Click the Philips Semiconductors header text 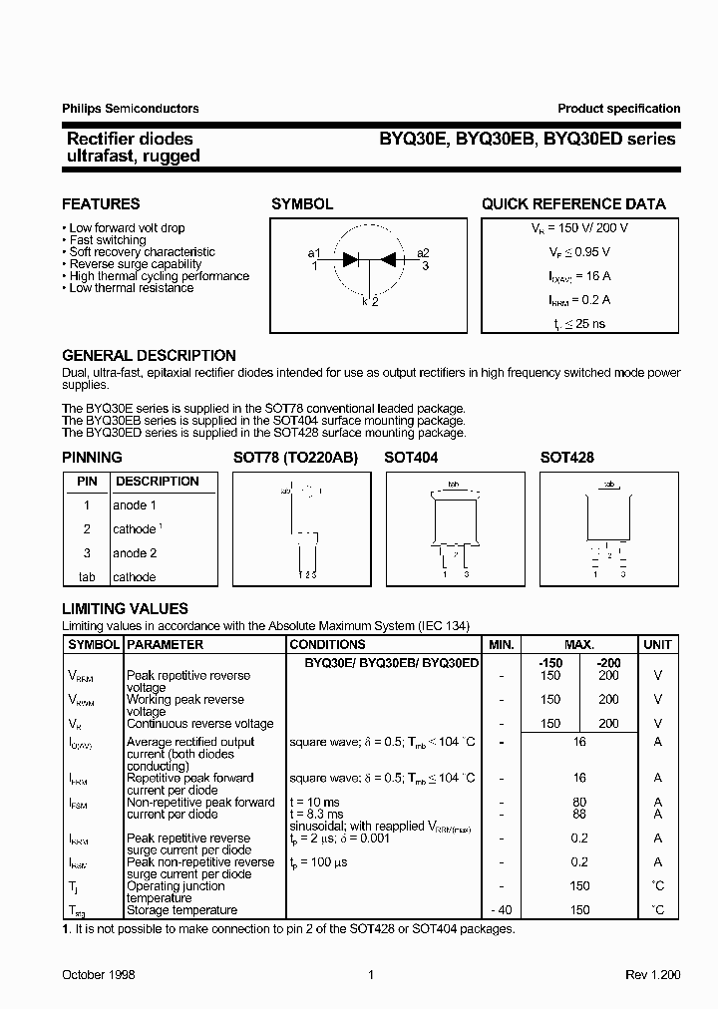pyautogui.click(x=131, y=109)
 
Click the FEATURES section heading pyautogui.click(x=101, y=204)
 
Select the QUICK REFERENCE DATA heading pyautogui.click(x=573, y=204)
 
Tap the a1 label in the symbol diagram pyautogui.click(x=314, y=253)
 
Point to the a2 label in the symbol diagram pyautogui.click(x=423, y=253)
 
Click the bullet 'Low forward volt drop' pyautogui.click(x=127, y=228)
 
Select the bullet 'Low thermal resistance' pyautogui.click(x=131, y=288)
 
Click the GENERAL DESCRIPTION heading pyautogui.click(x=149, y=356)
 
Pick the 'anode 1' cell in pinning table pyautogui.click(x=135, y=505)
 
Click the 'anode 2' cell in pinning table pyautogui.click(x=135, y=553)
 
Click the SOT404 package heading pyautogui.click(x=411, y=458)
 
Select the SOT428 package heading pyautogui.click(x=566, y=458)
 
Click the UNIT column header pyautogui.click(x=657, y=645)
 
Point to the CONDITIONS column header pyautogui.click(x=327, y=645)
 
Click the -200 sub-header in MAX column pyautogui.click(x=607, y=663)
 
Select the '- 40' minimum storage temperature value pyautogui.click(x=502, y=909)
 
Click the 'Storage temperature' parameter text pyautogui.click(x=181, y=909)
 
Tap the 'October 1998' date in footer pyautogui.click(x=99, y=975)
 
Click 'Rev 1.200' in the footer pyautogui.click(x=652, y=975)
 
